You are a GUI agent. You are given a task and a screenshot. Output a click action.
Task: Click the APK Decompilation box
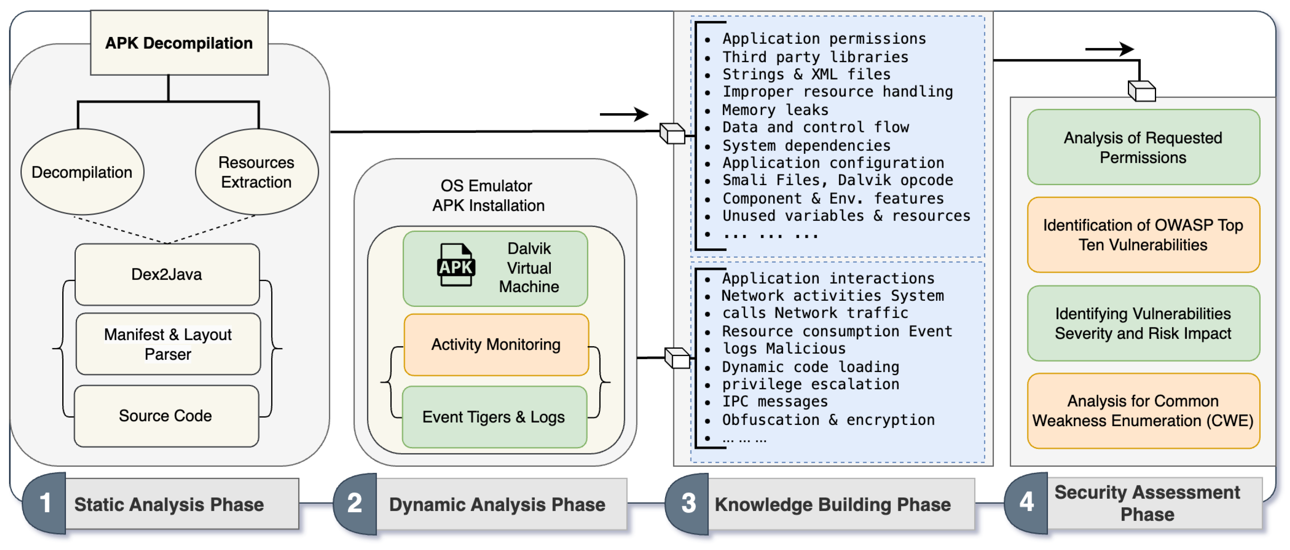click(x=179, y=43)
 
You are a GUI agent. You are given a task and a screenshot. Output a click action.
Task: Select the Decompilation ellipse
click(x=82, y=171)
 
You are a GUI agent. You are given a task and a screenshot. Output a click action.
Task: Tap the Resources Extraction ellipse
click(x=256, y=171)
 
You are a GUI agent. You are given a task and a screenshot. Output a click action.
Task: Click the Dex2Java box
click(x=167, y=274)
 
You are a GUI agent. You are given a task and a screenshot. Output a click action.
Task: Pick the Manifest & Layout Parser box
click(x=168, y=344)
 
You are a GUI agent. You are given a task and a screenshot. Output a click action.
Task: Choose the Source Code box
click(x=166, y=416)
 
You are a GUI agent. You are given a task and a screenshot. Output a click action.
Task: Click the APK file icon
click(x=456, y=265)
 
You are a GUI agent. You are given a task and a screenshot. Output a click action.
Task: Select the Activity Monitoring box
click(x=496, y=344)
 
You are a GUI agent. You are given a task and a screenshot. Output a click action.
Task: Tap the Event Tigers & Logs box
click(x=494, y=417)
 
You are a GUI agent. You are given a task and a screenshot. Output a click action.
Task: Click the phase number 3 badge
click(x=688, y=503)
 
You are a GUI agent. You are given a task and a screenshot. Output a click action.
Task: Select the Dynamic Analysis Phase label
click(x=497, y=505)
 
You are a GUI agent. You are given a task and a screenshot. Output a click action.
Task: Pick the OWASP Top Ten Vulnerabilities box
click(x=1143, y=235)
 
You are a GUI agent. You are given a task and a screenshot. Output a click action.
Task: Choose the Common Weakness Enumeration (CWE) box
click(x=1143, y=411)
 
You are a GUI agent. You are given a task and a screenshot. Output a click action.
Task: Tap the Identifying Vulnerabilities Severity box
click(x=1143, y=323)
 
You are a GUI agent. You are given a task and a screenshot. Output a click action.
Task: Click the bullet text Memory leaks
click(x=775, y=109)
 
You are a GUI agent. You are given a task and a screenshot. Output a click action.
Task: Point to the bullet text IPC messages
click(x=775, y=401)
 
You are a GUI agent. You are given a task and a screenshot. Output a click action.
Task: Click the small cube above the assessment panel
click(x=1142, y=91)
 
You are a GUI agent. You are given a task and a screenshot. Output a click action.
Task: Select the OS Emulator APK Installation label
click(x=488, y=195)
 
